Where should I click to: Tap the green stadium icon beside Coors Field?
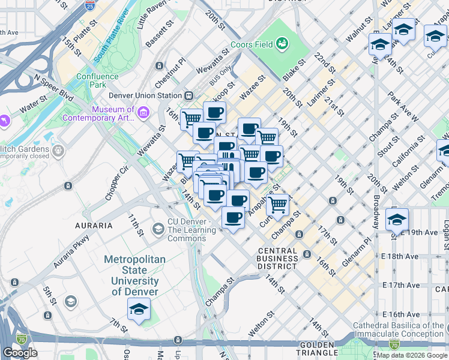pos(282,43)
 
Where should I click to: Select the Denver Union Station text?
pos(145,95)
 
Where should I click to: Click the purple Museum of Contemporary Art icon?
pos(143,113)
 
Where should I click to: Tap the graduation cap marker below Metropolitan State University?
pos(139,310)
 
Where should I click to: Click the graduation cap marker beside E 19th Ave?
pos(397,220)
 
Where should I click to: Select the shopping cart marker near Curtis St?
pos(277,204)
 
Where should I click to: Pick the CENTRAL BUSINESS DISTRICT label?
pos(277,259)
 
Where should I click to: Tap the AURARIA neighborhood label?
pos(93,226)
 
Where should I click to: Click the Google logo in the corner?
pos(20,353)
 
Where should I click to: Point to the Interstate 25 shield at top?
pos(89,7)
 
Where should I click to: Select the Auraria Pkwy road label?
pos(71,251)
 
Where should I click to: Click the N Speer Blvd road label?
pos(53,88)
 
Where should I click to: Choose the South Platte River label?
pos(112,36)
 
